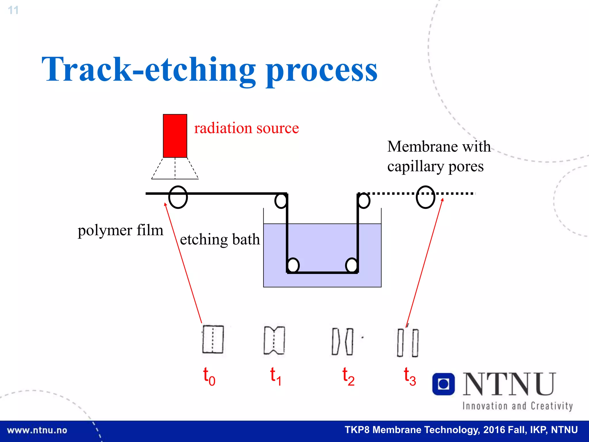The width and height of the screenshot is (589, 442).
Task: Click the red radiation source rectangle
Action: (x=175, y=136)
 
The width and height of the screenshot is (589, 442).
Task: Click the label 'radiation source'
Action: (x=246, y=128)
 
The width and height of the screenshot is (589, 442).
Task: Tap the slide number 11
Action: (x=13, y=10)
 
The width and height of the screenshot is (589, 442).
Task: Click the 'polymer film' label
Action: (x=121, y=230)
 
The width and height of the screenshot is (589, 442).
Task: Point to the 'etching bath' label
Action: (x=220, y=239)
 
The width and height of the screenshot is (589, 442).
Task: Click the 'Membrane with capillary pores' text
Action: (x=439, y=156)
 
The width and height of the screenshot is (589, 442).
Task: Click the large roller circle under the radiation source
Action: (x=178, y=197)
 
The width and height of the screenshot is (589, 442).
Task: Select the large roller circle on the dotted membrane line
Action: (x=425, y=197)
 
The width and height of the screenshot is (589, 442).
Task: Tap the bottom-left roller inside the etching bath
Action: (x=293, y=265)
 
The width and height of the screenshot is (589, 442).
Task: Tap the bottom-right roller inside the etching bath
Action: (x=351, y=265)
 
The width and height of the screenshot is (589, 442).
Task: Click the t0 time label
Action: (x=209, y=376)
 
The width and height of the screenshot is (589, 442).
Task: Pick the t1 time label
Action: (x=276, y=376)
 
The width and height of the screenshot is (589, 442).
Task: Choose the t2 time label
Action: (x=348, y=376)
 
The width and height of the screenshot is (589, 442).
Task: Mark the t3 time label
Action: (x=410, y=376)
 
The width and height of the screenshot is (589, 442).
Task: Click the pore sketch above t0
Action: (x=213, y=339)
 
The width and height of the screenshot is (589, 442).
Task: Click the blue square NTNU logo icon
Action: (x=443, y=384)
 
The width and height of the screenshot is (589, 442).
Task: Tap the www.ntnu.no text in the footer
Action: (x=37, y=430)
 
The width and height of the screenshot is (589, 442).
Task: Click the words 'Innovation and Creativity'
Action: (x=517, y=406)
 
